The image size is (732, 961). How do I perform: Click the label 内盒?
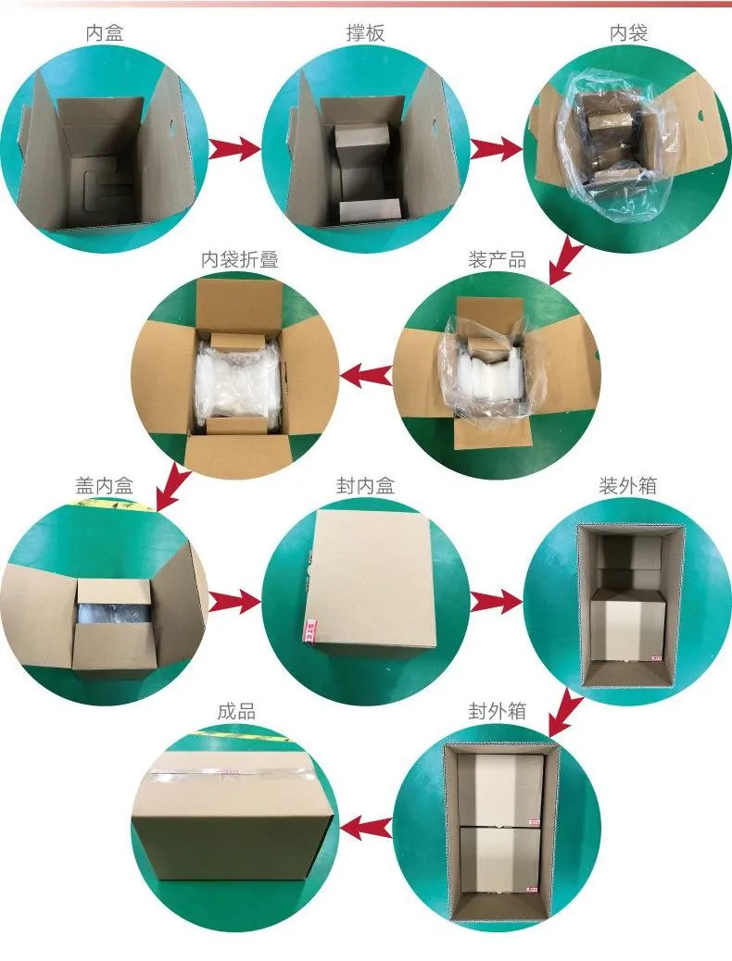104,34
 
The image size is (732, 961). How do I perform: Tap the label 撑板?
365,34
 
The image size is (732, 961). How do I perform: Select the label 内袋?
628,34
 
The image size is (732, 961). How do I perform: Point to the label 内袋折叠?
240,260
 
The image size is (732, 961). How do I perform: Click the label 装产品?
497,260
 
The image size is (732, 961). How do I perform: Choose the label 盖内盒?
104,485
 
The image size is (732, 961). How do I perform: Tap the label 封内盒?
365,485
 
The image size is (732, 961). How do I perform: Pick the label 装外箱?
628,485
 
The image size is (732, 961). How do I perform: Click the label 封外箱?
497,711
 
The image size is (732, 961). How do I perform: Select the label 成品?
236,711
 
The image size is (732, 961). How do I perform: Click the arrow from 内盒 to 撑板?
233,148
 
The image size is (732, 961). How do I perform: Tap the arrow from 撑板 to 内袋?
496,148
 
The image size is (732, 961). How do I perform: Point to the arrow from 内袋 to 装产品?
564,260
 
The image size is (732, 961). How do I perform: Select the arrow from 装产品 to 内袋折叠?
368,375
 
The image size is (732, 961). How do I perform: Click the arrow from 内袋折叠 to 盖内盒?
171,487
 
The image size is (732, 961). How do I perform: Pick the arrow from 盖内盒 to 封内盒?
233,601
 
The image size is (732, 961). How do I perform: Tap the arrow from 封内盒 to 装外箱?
496,601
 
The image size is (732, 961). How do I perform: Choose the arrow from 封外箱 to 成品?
368,827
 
